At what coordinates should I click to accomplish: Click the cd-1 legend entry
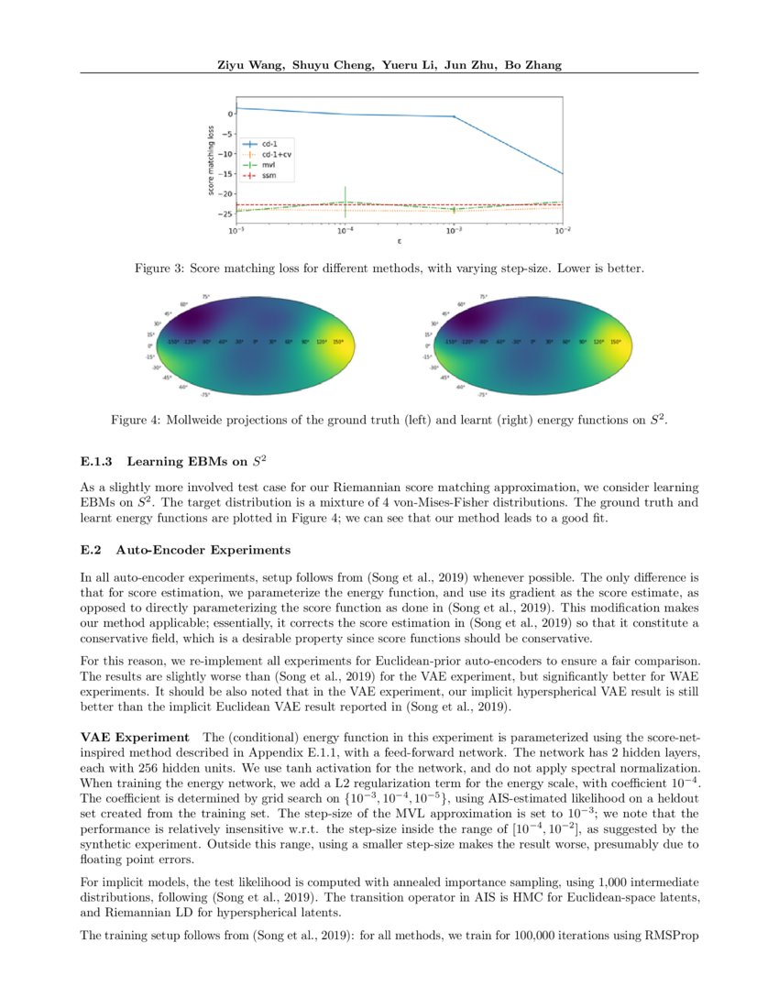[x=269, y=144]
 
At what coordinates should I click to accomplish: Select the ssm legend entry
[x=269, y=174]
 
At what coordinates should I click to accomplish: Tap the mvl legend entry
[x=269, y=164]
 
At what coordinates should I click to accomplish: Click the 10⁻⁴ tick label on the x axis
[x=345, y=233]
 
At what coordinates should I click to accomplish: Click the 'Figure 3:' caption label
[x=160, y=269]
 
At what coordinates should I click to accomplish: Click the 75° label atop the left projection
[x=206, y=296]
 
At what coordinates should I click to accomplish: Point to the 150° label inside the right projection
[x=615, y=341]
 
